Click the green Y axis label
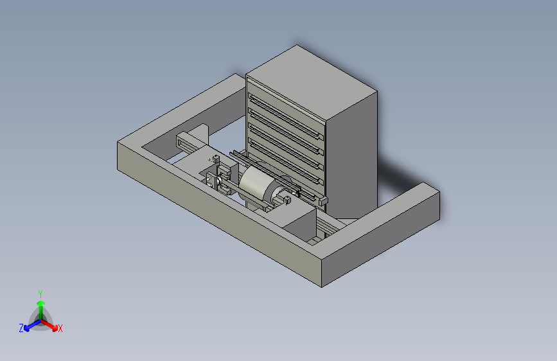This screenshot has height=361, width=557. [40, 294]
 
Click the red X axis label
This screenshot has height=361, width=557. [60, 328]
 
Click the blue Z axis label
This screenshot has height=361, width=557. [21, 328]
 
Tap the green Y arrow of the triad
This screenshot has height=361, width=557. [41, 310]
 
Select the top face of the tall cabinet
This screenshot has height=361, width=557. [311, 82]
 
